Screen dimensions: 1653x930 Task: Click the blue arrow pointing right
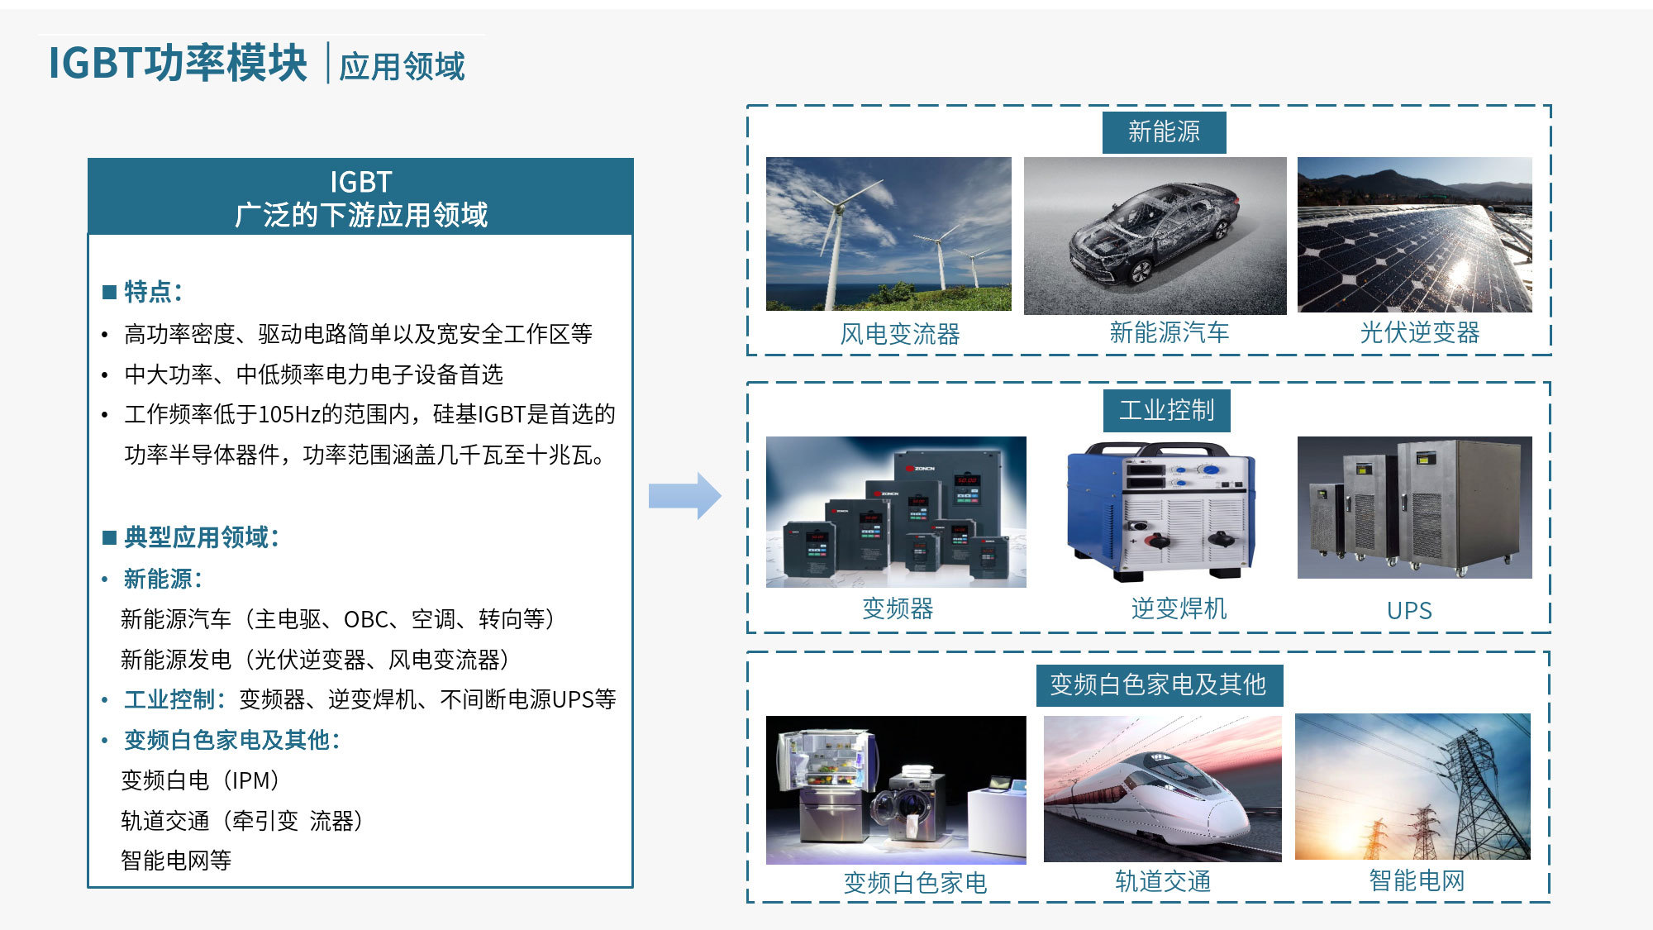pos(685,496)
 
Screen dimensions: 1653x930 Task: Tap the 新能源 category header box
pos(1164,132)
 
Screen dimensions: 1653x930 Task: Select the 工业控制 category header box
pos(1166,411)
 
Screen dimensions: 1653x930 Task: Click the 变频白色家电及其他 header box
pos(1159,685)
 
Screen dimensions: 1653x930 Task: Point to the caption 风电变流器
pos(900,334)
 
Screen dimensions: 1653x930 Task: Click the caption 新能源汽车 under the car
pos(1169,332)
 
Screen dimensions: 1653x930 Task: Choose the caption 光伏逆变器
pos(1420,332)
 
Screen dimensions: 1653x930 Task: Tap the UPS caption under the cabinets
pos(1409,611)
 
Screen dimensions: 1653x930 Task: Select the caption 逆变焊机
pos(1179,608)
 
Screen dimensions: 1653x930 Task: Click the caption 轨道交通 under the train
pos(1163,881)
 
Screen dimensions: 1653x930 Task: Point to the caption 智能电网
pos(1417,880)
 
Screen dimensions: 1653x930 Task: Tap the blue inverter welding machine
pos(1160,510)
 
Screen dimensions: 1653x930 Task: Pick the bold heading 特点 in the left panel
pos(148,291)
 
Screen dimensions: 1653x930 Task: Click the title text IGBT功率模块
pos(178,63)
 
